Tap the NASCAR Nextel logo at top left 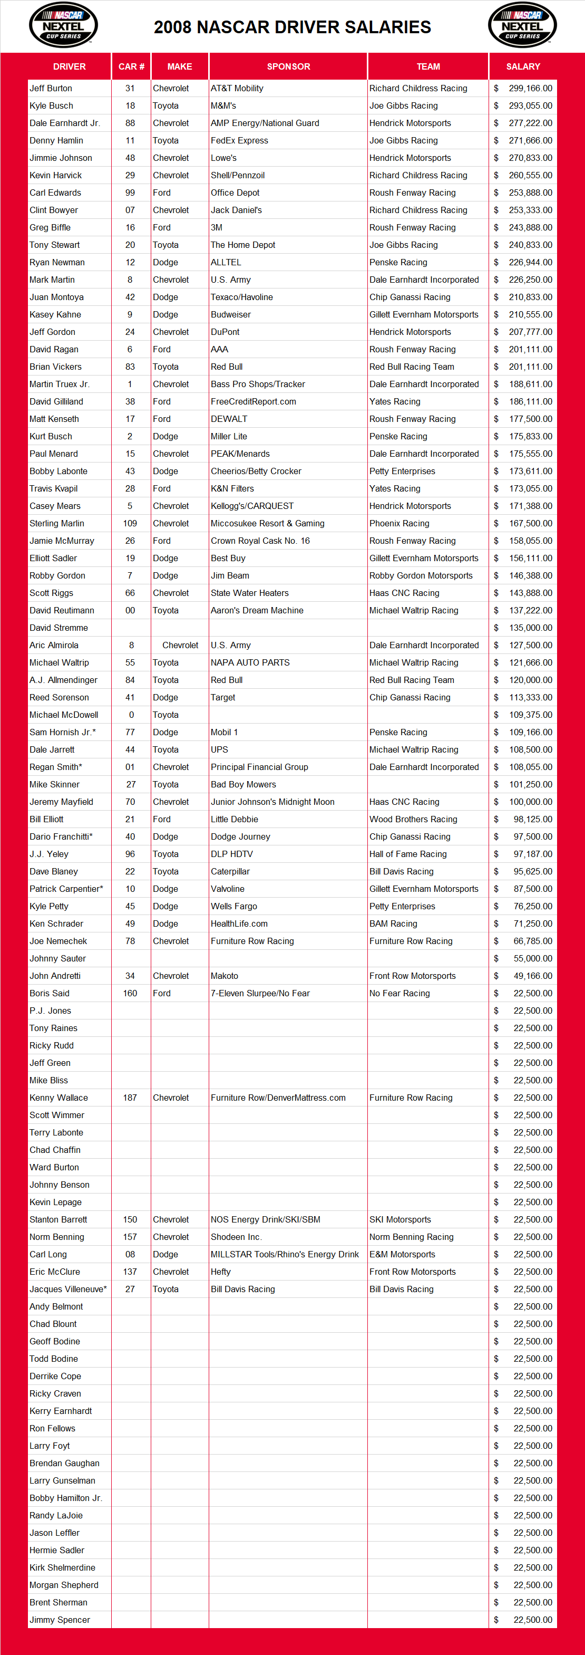[x=63, y=25]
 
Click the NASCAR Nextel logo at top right [x=522, y=25]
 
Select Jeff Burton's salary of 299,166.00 [x=530, y=88]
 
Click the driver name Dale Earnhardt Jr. [x=64, y=123]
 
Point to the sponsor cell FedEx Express [x=239, y=140]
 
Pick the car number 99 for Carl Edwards [x=130, y=193]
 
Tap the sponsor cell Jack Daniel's [x=236, y=210]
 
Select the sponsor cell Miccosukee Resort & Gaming [x=268, y=524]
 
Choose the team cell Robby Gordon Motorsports [x=421, y=575]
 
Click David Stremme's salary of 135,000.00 [x=530, y=628]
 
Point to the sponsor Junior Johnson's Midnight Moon [x=272, y=802]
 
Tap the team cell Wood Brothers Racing [x=413, y=819]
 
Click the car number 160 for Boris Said [x=130, y=993]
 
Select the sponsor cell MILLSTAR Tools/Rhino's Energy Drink [x=285, y=1254]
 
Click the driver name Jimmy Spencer [x=60, y=1620]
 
